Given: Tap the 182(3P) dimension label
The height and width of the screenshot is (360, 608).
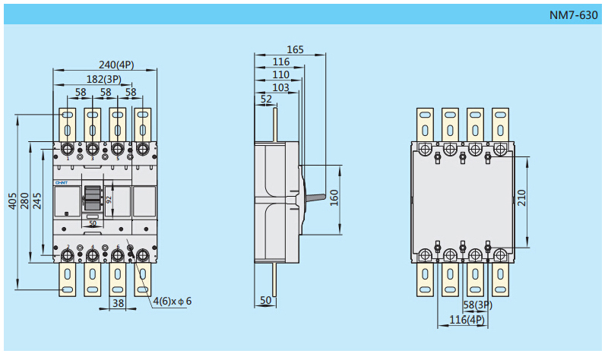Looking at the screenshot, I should coord(103,79).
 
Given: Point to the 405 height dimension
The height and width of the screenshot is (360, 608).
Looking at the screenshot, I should coord(12,201).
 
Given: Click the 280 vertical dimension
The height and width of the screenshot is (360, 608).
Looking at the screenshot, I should coord(24,201).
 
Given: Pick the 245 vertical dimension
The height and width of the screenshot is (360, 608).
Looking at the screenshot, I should coord(36,201).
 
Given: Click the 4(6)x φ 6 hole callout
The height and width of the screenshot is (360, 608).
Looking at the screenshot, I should coord(173,301).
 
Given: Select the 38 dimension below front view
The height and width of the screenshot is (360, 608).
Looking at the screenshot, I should coord(118,302).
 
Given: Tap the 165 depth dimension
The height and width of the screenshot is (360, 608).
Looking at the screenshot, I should coord(295,50).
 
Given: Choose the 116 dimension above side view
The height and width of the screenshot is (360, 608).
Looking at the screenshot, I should coord(281,62).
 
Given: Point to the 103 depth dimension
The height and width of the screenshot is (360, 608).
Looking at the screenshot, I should coord(280,87).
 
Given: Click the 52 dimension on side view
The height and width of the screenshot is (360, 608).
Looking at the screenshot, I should coord(266,99).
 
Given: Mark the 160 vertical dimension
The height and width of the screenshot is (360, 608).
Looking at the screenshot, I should coord(334,197).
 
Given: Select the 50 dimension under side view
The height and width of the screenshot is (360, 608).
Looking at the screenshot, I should coord(265,301).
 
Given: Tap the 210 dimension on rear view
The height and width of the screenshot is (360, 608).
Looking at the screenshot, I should coord(521,198).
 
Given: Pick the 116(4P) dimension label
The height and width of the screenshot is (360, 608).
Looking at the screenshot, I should coord(467,320).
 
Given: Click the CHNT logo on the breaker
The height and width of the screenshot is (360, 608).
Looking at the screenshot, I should coord(62,183).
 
